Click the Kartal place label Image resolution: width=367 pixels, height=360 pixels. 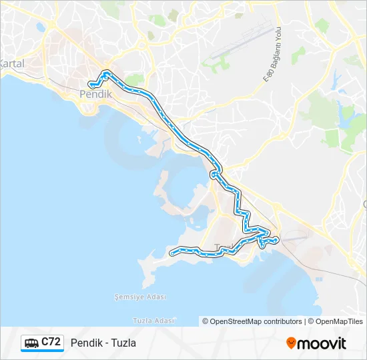pos(11,64)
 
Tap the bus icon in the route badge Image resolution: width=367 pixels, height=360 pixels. pos(31,343)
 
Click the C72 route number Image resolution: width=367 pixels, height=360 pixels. pos(51,343)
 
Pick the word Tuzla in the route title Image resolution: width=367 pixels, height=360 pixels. pos(125,343)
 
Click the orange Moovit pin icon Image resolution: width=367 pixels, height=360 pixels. pos(291,343)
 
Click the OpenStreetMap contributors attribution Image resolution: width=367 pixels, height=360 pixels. pos(252,321)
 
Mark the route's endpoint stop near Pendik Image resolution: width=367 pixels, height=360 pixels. pos(91,85)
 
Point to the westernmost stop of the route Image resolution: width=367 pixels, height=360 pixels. pos(172,253)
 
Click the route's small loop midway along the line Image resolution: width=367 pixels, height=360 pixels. pos(214,175)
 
